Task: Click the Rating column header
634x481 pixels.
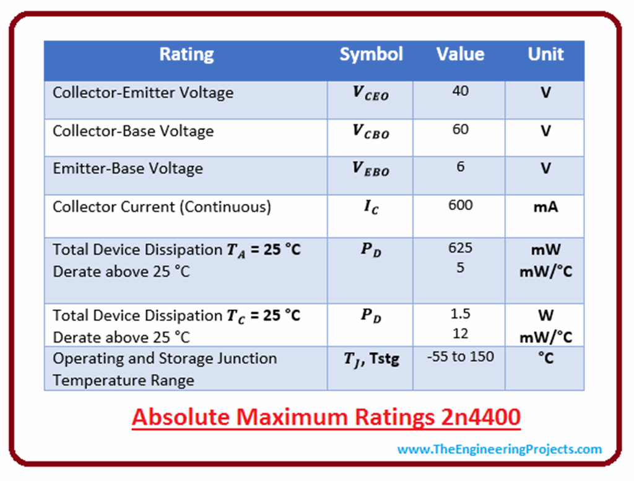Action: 186,55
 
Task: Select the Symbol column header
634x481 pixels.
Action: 371,55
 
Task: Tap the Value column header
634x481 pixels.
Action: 460,55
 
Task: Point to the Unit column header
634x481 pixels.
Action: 545,55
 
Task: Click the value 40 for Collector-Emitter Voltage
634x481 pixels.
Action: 461,90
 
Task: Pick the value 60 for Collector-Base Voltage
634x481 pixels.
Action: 461,129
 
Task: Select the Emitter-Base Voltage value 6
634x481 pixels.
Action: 461,166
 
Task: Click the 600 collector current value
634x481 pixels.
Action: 461,205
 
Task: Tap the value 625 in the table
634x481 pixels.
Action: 461,247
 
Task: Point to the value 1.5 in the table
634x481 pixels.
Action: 461,314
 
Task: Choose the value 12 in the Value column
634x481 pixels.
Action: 461,333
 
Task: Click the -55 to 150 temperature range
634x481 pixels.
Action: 461,356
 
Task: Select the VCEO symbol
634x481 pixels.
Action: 371,93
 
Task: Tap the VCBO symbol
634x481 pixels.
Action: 371,131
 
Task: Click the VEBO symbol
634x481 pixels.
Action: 371,169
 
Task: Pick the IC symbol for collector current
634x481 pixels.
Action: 371,207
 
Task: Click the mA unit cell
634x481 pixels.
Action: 546,207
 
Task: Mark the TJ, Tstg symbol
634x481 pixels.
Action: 371,359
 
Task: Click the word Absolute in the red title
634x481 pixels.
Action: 181,417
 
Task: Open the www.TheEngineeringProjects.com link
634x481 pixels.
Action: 500,449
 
